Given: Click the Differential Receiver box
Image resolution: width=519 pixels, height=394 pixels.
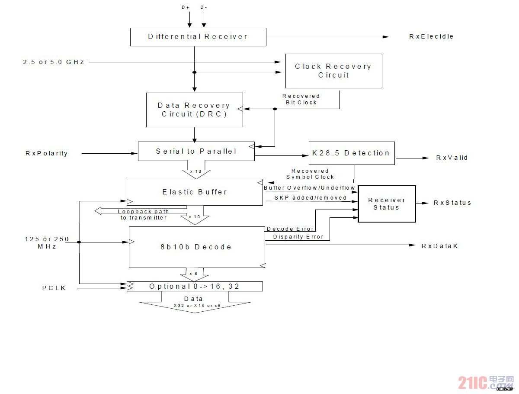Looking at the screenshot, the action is pos(198,37).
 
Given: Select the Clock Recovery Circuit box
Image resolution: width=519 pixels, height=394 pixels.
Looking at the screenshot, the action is pos(333,71).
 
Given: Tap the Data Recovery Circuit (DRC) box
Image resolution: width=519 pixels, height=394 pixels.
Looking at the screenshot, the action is pos(194,110).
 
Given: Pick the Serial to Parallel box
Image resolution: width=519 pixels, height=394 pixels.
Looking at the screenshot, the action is pos(196,151).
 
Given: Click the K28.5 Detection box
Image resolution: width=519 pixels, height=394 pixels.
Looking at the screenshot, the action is pos(352,153).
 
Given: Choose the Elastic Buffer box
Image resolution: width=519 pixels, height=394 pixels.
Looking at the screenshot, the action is pos(195,192).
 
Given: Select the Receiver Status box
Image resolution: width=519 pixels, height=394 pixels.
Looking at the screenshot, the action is pos(387,204).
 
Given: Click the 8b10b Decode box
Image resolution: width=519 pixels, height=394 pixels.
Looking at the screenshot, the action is pos(197,247).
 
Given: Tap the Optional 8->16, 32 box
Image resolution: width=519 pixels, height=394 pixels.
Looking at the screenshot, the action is pos(195,286).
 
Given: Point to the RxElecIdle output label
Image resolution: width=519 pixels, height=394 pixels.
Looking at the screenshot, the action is pos(431,36).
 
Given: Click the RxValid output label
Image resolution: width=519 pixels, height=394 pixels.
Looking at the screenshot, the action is pos(452,158).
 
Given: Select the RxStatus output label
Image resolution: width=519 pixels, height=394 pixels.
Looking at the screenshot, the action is pos(452,203).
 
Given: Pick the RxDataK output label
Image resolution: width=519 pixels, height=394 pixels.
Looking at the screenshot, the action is pos(439,246).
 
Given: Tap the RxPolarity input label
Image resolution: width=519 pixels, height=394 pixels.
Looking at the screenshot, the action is pos(46,153).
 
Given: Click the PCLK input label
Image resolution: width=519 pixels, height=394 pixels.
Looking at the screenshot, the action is pos(54,288).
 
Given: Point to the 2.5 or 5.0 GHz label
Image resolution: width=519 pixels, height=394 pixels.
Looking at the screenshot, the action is pos(54,62).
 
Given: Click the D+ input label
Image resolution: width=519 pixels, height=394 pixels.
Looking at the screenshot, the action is pos(186,7).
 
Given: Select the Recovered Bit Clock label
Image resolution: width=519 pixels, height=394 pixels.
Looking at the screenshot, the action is pos(301,99).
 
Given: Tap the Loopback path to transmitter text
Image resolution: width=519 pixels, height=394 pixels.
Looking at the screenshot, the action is pos(143,215).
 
